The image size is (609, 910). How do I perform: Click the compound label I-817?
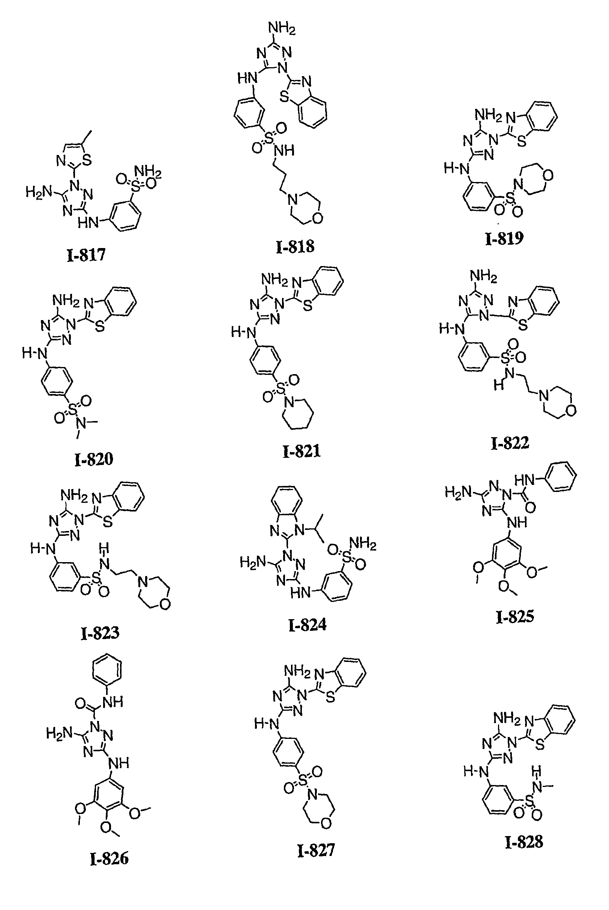point(86,255)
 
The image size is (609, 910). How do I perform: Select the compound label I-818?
point(295,246)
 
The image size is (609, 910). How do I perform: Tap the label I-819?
point(504,238)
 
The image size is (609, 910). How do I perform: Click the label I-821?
point(302,451)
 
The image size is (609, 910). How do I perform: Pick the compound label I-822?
point(510,442)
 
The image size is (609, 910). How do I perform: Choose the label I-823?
point(100,633)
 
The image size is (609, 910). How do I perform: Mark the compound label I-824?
point(307,625)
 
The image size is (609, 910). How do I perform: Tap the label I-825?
point(515,617)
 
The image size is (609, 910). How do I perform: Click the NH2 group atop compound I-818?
point(282,28)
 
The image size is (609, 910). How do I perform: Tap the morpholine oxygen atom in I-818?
point(317,218)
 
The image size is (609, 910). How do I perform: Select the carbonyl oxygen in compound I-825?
point(530,507)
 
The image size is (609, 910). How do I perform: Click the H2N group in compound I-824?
point(253,561)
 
